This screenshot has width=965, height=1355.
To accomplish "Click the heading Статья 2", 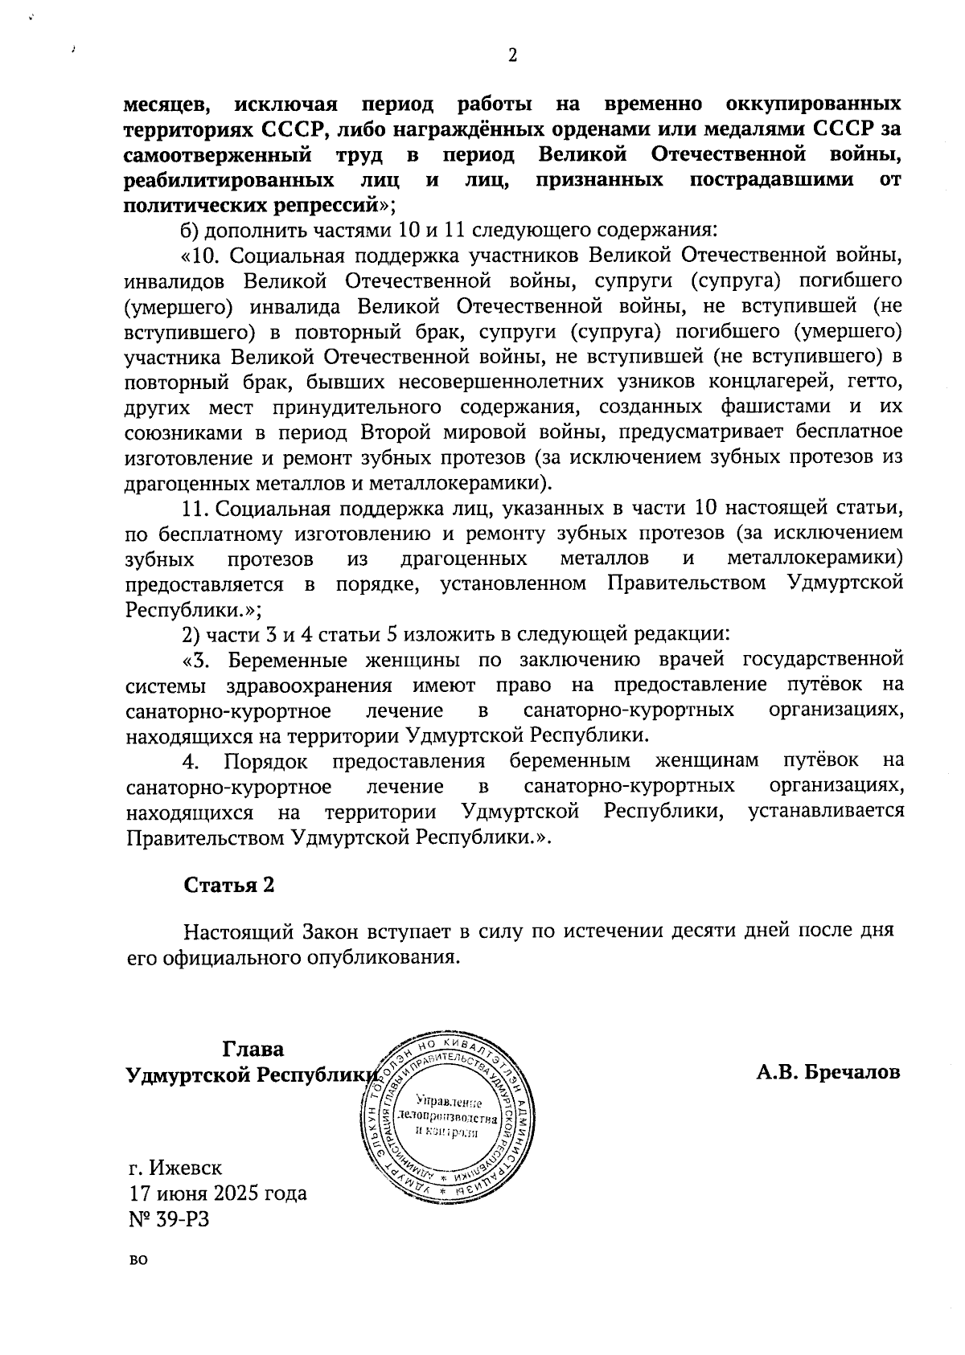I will [229, 885].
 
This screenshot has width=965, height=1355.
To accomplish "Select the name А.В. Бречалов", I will [827, 1072].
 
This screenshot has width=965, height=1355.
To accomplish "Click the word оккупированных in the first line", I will [813, 104].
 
